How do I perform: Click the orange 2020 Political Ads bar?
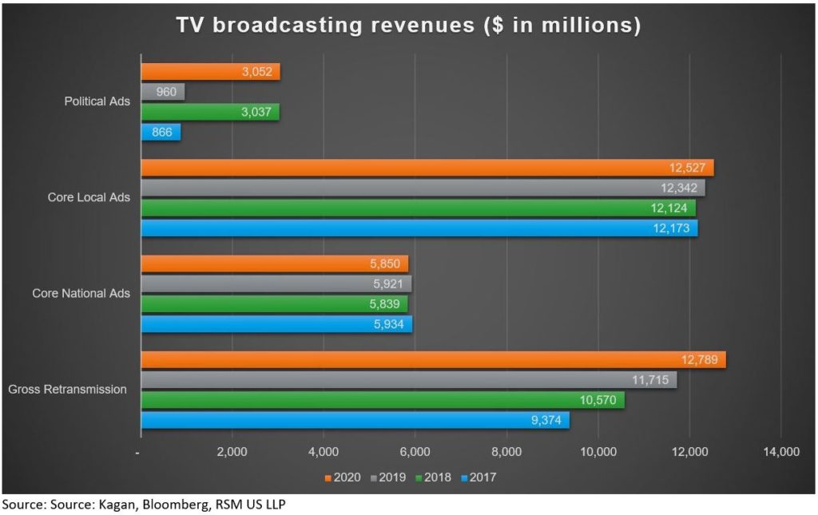[x=210, y=72]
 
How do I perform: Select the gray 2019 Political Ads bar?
[x=163, y=92]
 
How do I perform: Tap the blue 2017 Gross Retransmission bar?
[x=355, y=419]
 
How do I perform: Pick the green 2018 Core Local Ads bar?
[x=418, y=208]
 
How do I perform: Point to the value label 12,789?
[x=702, y=360]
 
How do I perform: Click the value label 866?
[x=161, y=132]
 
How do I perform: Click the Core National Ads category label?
[x=81, y=294]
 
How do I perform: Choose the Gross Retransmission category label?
[x=67, y=390]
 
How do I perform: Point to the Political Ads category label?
[x=97, y=101]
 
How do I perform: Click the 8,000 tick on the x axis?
[x=506, y=453]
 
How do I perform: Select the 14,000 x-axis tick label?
[x=780, y=453]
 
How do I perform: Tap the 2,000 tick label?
[x=232, y=453]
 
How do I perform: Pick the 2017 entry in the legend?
[x=478, y=477]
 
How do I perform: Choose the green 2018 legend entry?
[x=433, y=477]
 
